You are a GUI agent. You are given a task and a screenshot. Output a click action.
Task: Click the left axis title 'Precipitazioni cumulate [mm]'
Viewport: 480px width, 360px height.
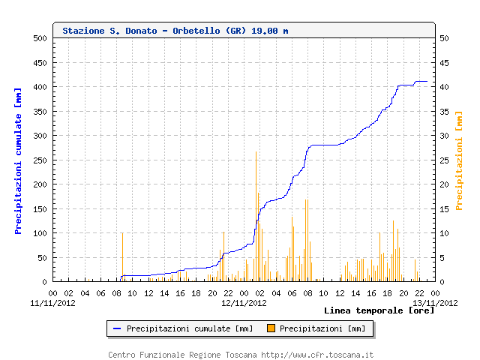tap(19, 160)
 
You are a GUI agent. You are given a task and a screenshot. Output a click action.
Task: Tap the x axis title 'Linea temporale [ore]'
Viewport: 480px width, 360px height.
tap(379, 310)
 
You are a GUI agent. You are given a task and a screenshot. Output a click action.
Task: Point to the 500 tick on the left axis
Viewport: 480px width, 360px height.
tap(40, 38)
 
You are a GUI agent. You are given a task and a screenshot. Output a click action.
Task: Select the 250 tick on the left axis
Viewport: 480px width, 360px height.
tap(40, 160)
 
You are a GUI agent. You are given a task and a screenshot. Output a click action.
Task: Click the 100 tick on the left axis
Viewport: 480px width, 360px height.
tap(40, 233)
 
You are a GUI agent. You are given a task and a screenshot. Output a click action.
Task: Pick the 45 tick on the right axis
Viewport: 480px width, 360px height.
tap(445, 62)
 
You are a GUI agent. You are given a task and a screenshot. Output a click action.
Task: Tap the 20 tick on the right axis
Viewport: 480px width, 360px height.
tap(445, 184)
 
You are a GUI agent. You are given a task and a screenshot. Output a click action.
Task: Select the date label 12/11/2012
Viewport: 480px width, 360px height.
tap(244, 303)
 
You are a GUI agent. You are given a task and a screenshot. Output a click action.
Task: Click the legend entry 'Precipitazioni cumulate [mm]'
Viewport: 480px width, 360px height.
tap(189, 328)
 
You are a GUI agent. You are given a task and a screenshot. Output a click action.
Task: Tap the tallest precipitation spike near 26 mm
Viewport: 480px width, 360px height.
tap(256, 154)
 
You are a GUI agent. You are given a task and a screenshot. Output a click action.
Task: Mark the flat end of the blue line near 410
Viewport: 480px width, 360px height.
tap(421, 81)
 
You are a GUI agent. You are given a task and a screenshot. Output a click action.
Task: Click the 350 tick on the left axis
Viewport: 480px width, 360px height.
tap(40, 111)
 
